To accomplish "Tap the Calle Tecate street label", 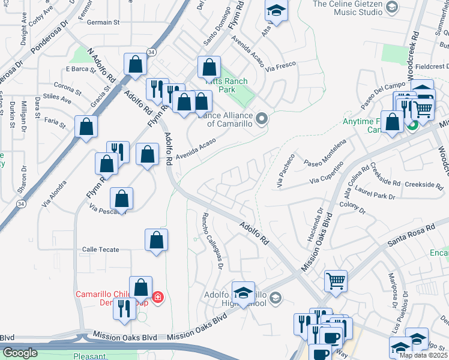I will [x=100, y=250].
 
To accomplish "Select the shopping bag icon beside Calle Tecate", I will [x=156, y=241].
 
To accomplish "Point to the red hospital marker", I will [x=157, y=296].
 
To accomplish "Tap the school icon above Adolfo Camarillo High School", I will [x=243, y=293].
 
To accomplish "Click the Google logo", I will [x=19, y=353].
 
